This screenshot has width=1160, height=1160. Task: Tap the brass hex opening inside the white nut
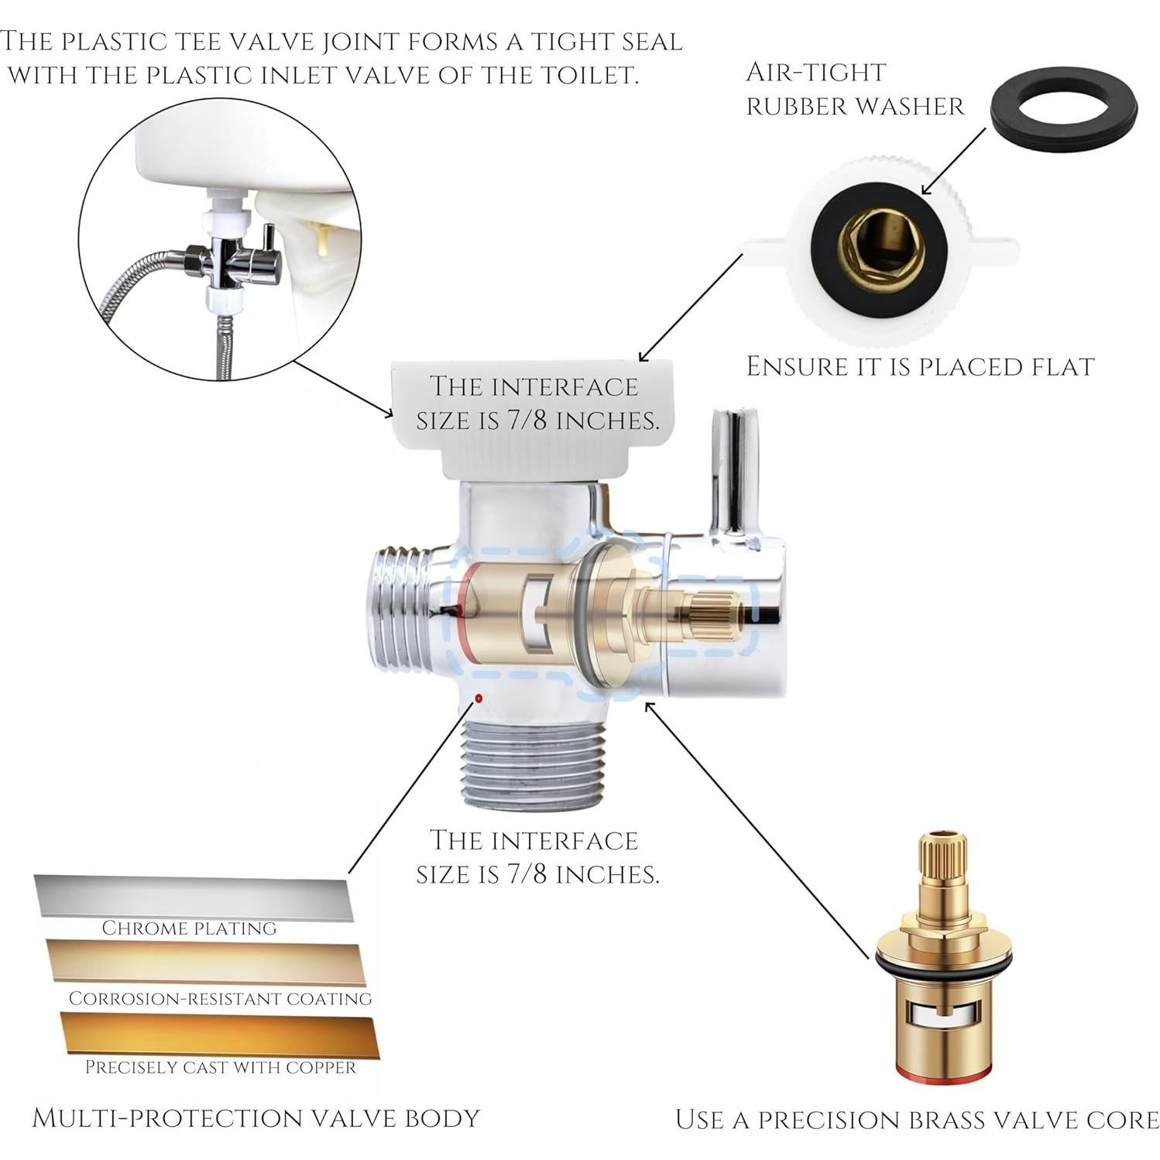(x=881, y=249)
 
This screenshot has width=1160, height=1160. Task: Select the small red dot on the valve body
(x=479, y=698)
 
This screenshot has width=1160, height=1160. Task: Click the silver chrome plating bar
(x=193, y=897)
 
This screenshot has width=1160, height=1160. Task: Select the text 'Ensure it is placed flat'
(x=920, y=367)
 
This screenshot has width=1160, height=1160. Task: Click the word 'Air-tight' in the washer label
(x=815, y=73)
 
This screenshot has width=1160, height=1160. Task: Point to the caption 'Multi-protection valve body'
(x=256, y=1118)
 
